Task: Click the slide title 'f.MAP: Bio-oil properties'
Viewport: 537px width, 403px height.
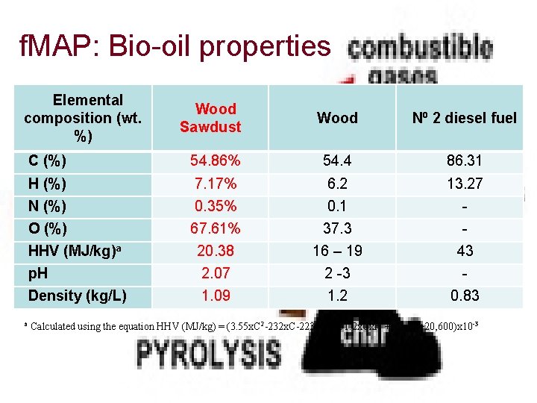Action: (175, 48)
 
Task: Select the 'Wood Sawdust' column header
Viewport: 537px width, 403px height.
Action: (210, 118)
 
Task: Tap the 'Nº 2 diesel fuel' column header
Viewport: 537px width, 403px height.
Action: (464, 118)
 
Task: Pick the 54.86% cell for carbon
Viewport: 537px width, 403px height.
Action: (215, 160)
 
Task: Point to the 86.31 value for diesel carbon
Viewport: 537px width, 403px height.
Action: (465, 160)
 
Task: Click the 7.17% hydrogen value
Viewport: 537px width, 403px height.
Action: (215, 184)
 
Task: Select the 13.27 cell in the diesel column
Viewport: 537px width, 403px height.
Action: (465, 184)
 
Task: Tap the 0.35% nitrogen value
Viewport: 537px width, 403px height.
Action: (215, 206)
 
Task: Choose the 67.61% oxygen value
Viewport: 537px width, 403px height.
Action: (215, 228)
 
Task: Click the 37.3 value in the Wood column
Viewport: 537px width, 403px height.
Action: (337, 228)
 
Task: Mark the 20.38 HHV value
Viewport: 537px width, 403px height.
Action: (215, 251)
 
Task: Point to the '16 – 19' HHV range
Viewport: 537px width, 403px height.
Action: (337, 251)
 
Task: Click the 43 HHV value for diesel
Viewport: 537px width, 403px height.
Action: (465, 251)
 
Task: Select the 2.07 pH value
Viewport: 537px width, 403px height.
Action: (215, 273)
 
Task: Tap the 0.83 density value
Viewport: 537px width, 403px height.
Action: (465, 296)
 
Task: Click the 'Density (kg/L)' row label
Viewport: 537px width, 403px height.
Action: (77, 296)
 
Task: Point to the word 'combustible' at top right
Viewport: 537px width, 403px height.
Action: (421, 48)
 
